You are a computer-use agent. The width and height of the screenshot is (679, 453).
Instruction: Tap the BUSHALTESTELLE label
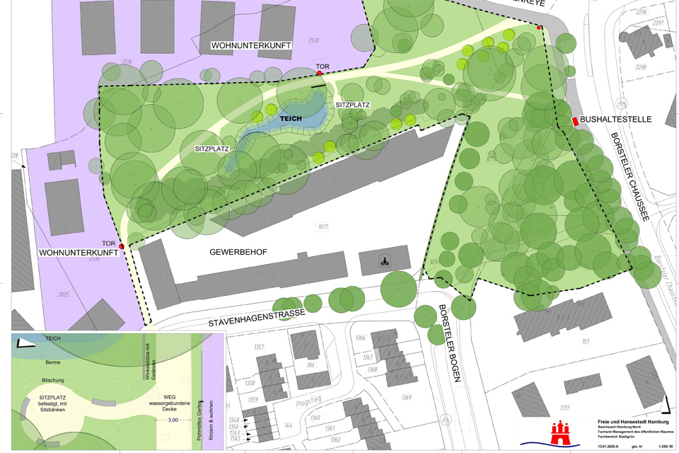[616, 120]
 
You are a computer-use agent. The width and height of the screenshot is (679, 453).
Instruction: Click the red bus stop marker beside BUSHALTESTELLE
[574, 121]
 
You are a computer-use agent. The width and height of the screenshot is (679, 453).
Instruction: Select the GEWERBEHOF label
[238, 252]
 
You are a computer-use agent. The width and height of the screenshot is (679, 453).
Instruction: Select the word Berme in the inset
[52, 362]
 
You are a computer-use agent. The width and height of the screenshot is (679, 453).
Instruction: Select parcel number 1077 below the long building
[323, 226]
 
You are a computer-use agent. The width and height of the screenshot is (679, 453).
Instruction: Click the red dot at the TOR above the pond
[320, 73]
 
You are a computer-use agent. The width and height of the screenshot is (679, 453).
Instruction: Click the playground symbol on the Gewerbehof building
[383, 262]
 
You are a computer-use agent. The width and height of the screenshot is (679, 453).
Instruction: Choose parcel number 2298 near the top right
[640, 68]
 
